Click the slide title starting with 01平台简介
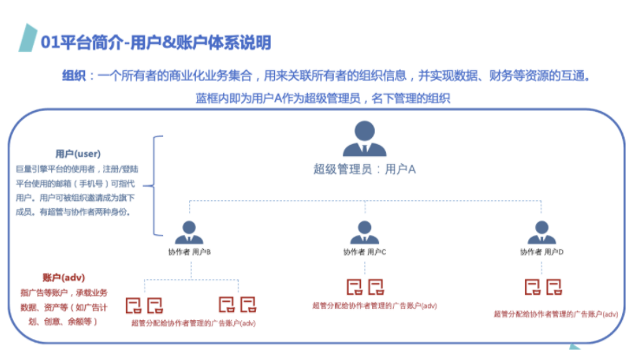click(x=156, y=43)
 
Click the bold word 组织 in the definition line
click(x=74, y=76)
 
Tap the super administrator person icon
click(x=364, y=139)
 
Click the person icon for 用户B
click(x=189, y=232)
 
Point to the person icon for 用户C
click(x=364, y=232)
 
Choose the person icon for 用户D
click(x=540, y=232)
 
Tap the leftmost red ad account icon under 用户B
click(x=134, y=304)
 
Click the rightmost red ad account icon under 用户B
click(x=248, y=304)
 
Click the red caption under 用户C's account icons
click(x=374, y=306)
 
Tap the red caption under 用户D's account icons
click(x=555, y=314)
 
